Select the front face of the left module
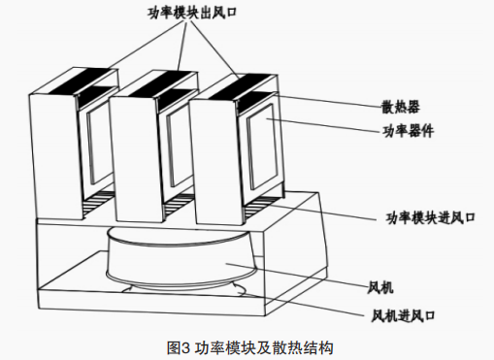click(x=54, y=155)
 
